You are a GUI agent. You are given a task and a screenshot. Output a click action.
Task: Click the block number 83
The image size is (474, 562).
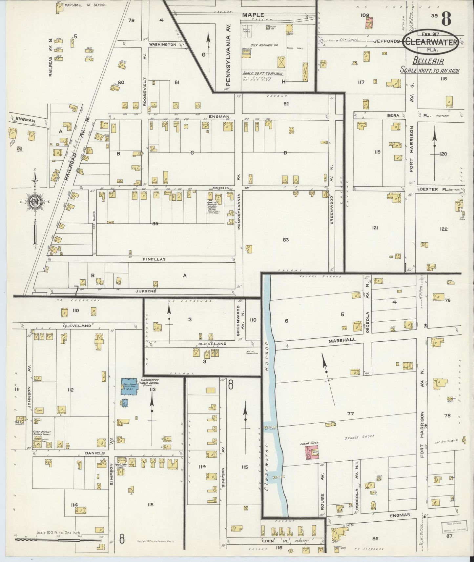click(x=286, y=240)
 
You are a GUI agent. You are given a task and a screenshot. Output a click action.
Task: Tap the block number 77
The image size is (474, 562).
click(x=351, y=414)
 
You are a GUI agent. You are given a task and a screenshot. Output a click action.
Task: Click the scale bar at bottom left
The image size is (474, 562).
click(x=57, y=539)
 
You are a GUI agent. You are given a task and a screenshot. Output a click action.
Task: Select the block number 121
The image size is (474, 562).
click(x=375, y=228)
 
